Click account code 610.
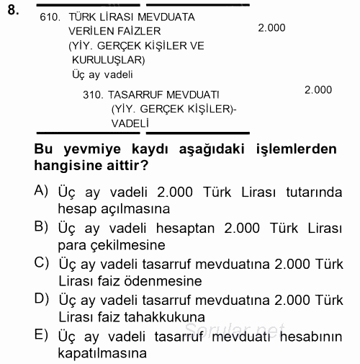coord(53,17)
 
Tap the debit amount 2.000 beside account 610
coord(271,27)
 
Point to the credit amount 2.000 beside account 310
coord(318,90)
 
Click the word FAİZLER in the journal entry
coord(140,31)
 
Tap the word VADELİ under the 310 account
coord(130,123)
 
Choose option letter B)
coord(41,226)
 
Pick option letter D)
coord(42,298)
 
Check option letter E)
coord(41,334)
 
